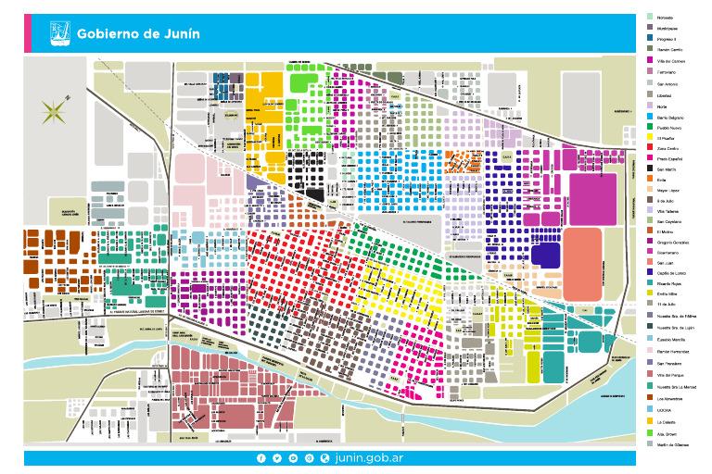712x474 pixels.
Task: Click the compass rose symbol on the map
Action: point(53,114)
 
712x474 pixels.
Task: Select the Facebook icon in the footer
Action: point(261,458)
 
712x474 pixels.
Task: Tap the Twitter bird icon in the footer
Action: point(277,458)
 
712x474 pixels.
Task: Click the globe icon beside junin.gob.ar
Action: point(324,458)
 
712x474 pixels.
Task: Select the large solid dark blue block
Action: point(546,256)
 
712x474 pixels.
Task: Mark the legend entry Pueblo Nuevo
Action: point(669,128)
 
